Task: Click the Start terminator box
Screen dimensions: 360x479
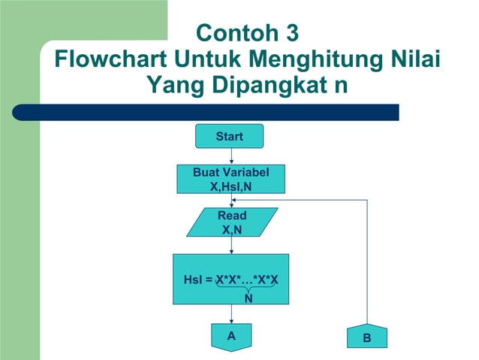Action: click(x=229, y=136)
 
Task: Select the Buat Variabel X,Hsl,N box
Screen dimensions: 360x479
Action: click(x=231, y=178)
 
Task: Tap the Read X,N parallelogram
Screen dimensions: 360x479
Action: click(x=232, y=222)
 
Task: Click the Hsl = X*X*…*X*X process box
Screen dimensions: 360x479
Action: click(x=231, y=280)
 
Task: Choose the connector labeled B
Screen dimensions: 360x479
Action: click(x=366, y=338)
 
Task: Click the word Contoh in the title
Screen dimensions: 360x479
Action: click(x=236, y=34)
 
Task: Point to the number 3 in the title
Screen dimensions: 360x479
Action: click(x=292, y=34)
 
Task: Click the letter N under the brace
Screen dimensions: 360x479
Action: click(x=248, y=298)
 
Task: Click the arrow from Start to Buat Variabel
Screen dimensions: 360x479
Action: click(x=232, y=156)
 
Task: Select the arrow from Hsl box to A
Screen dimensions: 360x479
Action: click(x=231, y=315)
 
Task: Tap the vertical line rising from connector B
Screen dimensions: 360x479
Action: click(x=367, y=263)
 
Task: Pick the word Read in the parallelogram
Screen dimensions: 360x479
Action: click(x=232, y=216)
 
